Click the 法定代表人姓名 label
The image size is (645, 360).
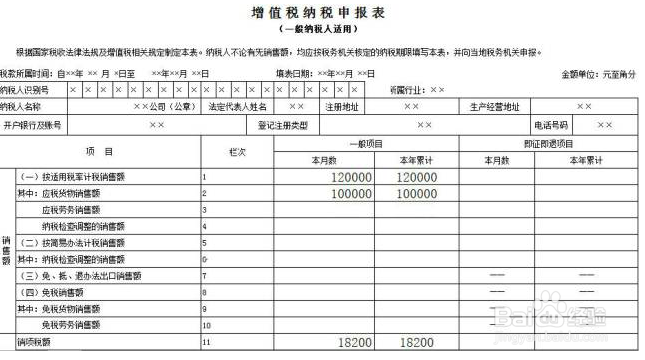point(237,106)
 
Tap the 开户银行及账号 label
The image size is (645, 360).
point(33,125)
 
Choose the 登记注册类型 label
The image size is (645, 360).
point(283,125)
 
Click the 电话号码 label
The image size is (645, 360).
point(550,125)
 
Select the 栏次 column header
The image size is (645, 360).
point(237,151)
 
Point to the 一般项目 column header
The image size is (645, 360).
point(366,144)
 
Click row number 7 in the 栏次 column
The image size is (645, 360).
point(204,275)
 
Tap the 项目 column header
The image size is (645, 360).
point(100,151)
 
